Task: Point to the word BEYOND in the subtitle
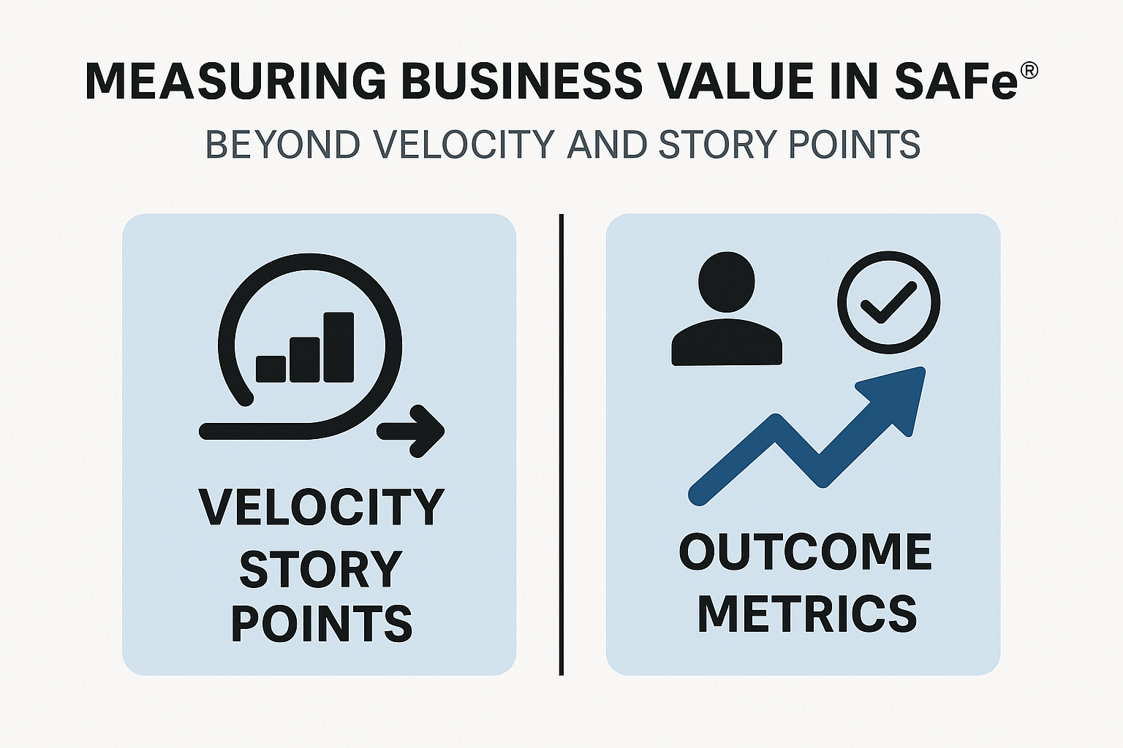tap(282, 145)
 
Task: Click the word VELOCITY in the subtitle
tap(464, 145)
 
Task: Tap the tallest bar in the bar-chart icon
tap(339, 347)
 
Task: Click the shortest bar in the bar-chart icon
tap(271, 369)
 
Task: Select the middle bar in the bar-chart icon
tap(305, 359)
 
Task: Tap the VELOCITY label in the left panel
tap(321, 507)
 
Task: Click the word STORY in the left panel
tap(321, 570)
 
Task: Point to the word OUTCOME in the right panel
tap(805, 552)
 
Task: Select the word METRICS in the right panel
tap(806, 614)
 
